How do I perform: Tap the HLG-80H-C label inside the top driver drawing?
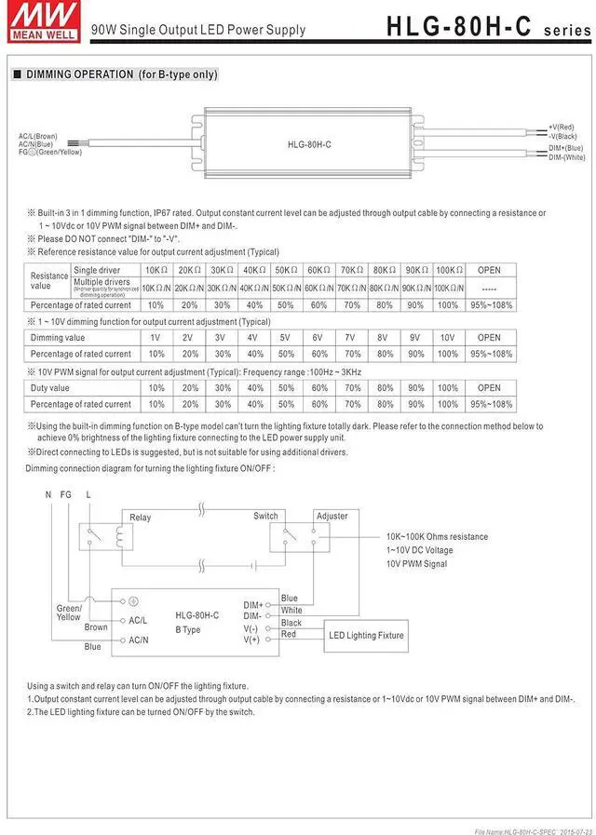tap(310, 144)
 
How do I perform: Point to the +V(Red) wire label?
tap(561, 127)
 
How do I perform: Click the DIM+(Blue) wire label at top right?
tap(565, 148)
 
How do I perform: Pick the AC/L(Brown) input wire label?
tap(38, 136)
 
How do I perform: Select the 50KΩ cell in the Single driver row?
tap(285, 270)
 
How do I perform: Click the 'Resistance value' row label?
tap(49, 281)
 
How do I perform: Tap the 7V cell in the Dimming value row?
tap(350, 338)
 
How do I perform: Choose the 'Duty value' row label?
tap(50, 388)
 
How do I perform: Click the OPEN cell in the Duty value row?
tap(489, 388)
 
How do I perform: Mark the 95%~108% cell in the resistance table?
tap(489, 304)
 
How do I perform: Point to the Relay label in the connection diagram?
tap(141, 518)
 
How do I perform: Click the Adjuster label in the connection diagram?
tap(332, 516)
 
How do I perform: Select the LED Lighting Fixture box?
tap(366, 635)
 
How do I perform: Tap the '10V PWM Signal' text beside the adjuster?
tap(416, 564)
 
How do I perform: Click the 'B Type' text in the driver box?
tap(188, 630)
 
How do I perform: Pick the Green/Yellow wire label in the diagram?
tap(69, 613)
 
